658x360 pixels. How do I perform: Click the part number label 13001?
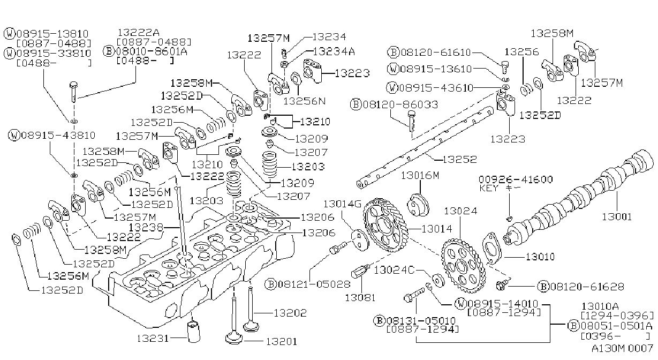click(x=617, y=217)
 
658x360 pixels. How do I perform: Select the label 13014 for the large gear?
click(x=437, y=229)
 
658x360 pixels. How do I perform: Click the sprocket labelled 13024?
click(x=463, y=266)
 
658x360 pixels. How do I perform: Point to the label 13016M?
click(x=420, y=175)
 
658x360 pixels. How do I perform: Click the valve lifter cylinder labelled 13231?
click(x=194, y=332)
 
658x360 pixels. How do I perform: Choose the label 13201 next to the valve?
click(x=282, y=341)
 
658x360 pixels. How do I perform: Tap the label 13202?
click(x=290, y=313)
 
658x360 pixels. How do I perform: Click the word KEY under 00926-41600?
click(x=489, y=188)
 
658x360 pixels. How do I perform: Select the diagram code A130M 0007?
click(x=623, y=349)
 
